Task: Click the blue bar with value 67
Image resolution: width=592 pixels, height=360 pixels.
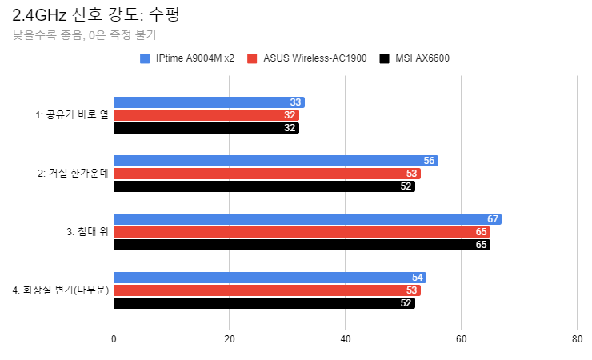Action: tap(307, 219)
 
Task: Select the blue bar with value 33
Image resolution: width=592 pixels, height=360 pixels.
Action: tap(209, 102)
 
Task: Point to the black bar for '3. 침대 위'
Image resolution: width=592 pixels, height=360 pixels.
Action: tap(302, 245)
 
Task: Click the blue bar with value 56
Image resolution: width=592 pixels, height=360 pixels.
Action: tap(275, 161)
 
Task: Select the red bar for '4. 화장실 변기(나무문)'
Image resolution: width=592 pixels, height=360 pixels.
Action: tap(267, 290)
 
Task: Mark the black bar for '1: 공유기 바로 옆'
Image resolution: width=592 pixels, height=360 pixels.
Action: tap(206, 128)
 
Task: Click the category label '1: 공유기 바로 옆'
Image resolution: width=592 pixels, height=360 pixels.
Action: tap(72, 115)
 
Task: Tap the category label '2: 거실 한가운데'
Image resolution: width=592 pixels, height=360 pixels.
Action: tap(73, 174)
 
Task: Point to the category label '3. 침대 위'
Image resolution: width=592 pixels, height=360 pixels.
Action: tap(87, 232)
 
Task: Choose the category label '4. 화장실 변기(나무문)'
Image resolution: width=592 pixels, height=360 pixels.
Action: tap(61, 290)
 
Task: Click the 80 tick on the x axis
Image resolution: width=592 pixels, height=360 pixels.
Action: tap(577, 339)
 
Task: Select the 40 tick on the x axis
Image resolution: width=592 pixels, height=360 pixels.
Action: tap(346, 339)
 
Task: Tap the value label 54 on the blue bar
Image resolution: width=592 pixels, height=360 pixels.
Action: tap(418, 278)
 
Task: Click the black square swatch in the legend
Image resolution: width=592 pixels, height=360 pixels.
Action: tap(385, 58)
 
